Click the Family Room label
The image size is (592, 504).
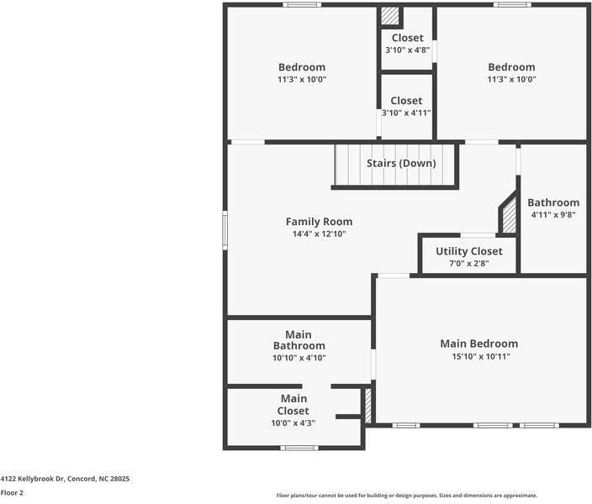(319, 222)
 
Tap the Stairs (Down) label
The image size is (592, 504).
(401, 163)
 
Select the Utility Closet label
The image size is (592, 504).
(469, 251)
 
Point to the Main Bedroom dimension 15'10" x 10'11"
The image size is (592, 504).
(481, 356)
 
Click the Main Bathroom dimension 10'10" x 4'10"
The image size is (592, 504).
(299, 358)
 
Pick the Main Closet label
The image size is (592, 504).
(293, 405)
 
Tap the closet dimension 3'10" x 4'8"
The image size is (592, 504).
(407, 50)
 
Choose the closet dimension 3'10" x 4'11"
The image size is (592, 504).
(406, 113)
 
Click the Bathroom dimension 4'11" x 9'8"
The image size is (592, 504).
(553, 215)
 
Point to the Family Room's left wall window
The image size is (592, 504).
(225, 230)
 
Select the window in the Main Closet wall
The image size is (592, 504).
(299, 448)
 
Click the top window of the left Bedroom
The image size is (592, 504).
(302, 4)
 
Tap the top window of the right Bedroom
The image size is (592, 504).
(512, 4)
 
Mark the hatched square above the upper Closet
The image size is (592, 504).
(390, 16)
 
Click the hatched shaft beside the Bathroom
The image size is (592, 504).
(510, 215)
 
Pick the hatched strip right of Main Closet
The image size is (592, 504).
(368, 405)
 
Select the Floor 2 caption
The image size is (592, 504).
(12, 493)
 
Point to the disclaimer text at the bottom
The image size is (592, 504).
(407, 496)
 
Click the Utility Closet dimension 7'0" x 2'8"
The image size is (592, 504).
(469, 263)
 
